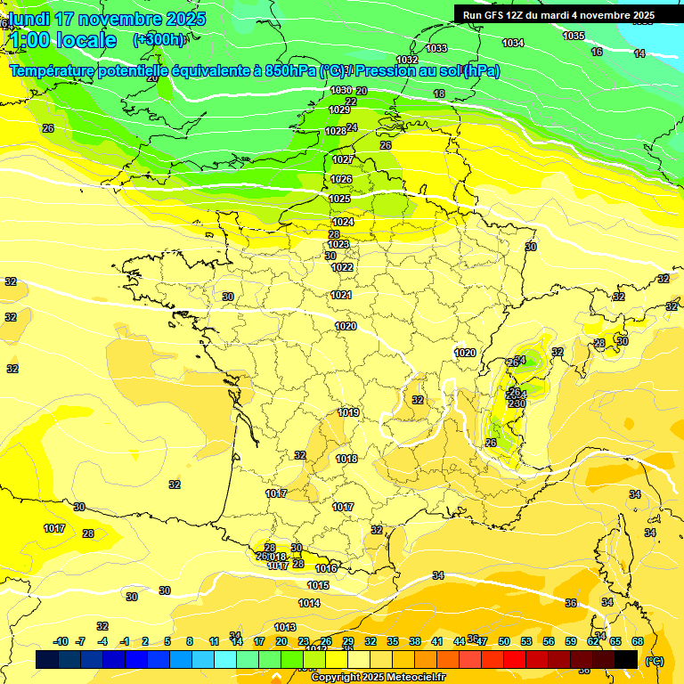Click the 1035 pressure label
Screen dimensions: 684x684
click(574, 36)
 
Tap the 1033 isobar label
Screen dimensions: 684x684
click(436, 48)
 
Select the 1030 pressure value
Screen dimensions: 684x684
click(340, 90)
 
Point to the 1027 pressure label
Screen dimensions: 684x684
click(343, 159)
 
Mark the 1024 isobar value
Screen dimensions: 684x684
click(343, 222)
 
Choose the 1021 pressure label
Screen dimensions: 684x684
click(341, 295)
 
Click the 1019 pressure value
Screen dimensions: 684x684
click(348, 412)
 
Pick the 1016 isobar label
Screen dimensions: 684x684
click(326, 568)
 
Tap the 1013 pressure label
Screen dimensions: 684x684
click(285, 627)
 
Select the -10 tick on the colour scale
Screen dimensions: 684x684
click(61, 641)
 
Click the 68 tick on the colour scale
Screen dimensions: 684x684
click(638, 641)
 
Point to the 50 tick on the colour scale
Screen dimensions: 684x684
click(504, 641)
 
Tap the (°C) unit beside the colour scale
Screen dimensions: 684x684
click(655, 661)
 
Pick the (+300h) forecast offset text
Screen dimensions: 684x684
click(159, 39)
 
